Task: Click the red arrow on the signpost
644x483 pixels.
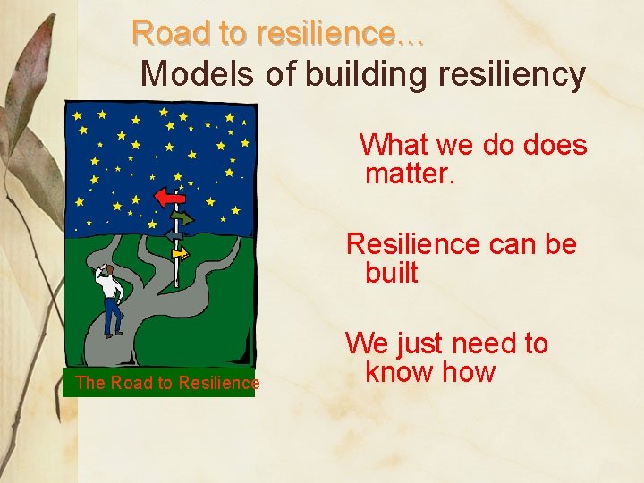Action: [x=168, y=196]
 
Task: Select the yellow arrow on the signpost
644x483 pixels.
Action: [x=181, y=253]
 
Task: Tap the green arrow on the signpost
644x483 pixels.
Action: [x=182, y=217]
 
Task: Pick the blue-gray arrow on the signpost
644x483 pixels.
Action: [x=173, y=234]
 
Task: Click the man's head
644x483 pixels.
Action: [x=106, y=269]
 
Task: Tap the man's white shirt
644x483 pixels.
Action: [x=110, y=287]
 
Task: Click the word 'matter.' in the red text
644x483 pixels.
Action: [x=411, y=173]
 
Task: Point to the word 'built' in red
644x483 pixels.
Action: [x=391, y=272]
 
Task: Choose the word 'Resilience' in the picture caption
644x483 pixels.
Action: [x=218, y=384]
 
